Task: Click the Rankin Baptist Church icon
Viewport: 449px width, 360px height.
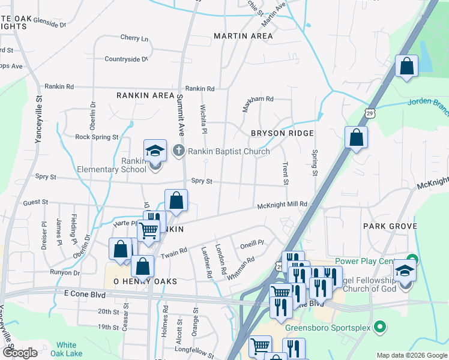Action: [179, 151]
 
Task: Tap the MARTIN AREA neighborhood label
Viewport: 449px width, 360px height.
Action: [243, 36]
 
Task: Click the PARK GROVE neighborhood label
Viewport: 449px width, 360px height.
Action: [390, 226]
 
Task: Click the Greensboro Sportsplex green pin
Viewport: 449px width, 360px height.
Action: [379, 328]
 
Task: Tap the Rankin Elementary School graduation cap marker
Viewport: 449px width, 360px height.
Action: [155, 151]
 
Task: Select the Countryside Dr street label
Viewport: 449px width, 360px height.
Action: [126, 59]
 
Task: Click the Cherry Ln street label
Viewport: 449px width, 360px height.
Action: [134, 38]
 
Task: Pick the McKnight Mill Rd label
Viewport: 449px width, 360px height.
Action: [282, 205]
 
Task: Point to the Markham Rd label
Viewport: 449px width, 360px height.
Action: [258, 98]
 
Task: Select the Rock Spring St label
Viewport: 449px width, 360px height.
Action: [97, 137]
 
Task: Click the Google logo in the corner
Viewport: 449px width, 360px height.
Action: [20, 353]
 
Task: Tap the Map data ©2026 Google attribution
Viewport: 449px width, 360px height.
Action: [411, 355]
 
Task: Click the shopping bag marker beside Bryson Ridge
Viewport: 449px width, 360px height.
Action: [357, 137]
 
